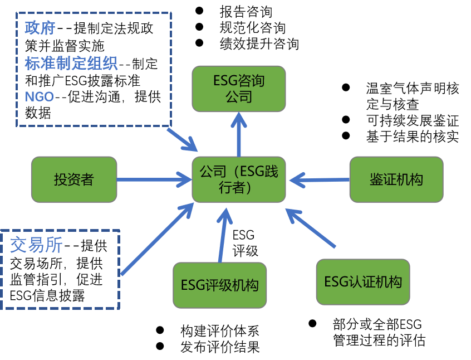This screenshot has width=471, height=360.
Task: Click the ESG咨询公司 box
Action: coord(238,89)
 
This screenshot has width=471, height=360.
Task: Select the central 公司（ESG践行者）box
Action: coord(238,179)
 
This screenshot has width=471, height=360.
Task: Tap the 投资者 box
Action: coord(74,179)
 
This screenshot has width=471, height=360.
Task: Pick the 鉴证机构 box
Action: coord(396,179)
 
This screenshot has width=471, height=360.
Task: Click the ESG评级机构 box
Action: coord(219,285)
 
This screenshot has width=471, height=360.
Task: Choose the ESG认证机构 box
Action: coord(362,282)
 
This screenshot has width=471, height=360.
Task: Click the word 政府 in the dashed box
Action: coord(40,28)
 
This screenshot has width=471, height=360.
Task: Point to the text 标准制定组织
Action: coord(71,64)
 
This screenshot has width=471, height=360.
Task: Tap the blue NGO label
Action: coord(40,97)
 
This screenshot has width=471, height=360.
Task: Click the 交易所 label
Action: coord(36,245)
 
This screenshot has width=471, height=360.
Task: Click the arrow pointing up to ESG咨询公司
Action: coord(239,137)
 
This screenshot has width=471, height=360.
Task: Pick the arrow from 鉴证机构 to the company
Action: coord(323,179)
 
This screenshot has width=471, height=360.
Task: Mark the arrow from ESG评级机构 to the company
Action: coord(223,237)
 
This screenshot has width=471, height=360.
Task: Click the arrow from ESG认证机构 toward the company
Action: coord(312,228)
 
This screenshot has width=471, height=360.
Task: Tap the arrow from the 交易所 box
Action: coord(156,240)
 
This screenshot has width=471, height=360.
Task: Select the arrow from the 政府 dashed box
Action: coord(181,139)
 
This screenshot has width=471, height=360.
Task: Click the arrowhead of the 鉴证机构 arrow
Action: coord(297,179)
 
